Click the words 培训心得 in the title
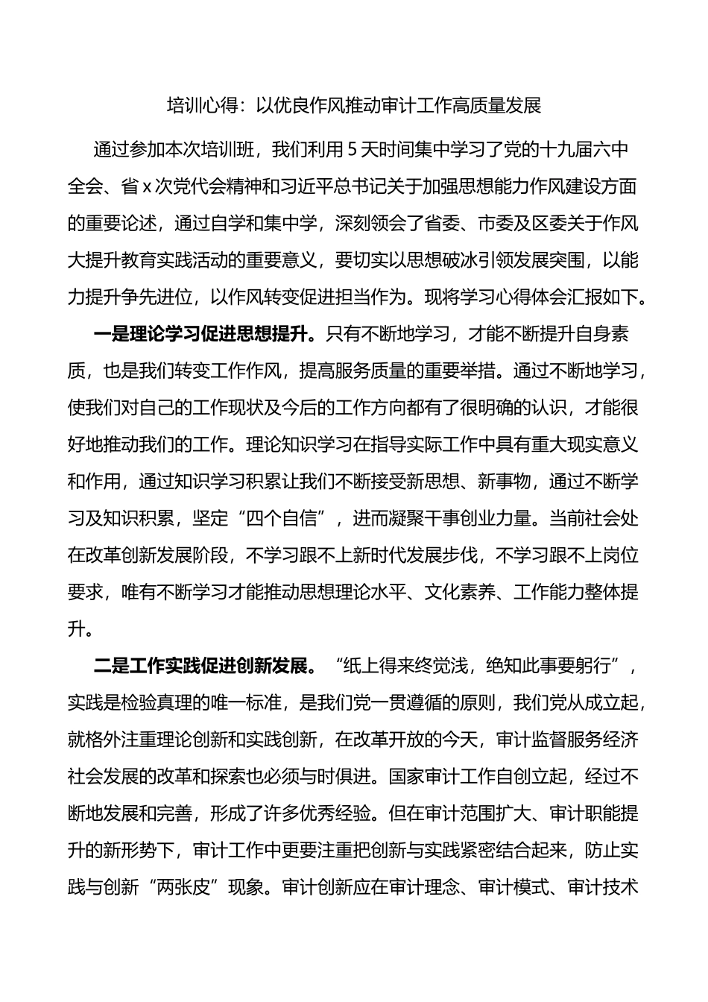(198, 106)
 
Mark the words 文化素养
(460, 592)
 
